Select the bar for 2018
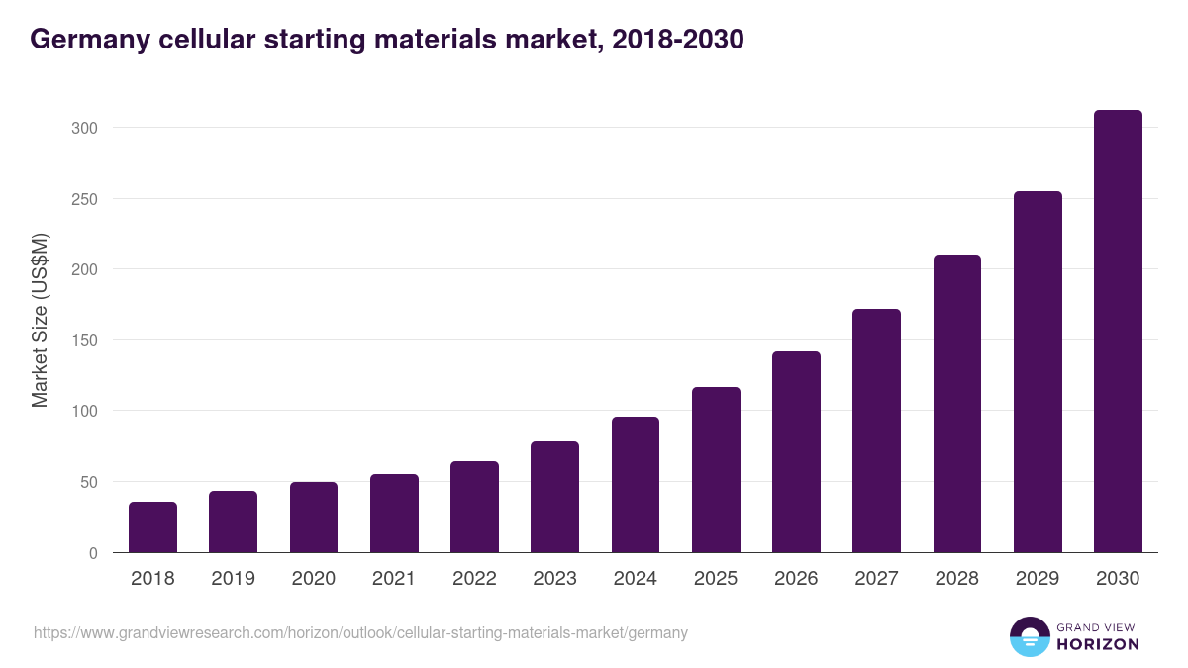click(x=152, y=527)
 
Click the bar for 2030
click(x=1118, y=332)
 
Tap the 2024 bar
click(x=636, y=485)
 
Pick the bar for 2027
click(x=876, y=430)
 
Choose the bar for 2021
click(x=394, y=514)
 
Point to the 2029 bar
click(x=1038, y=372)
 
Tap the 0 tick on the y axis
click(x=93, y=553)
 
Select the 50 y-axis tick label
click(x=88, y=482)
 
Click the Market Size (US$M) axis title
click(x=40, y=320)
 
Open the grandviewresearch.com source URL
click(x=360, y=632)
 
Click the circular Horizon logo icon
click(x=1029, y=636)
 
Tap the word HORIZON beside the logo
click(x=1098, y=644)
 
